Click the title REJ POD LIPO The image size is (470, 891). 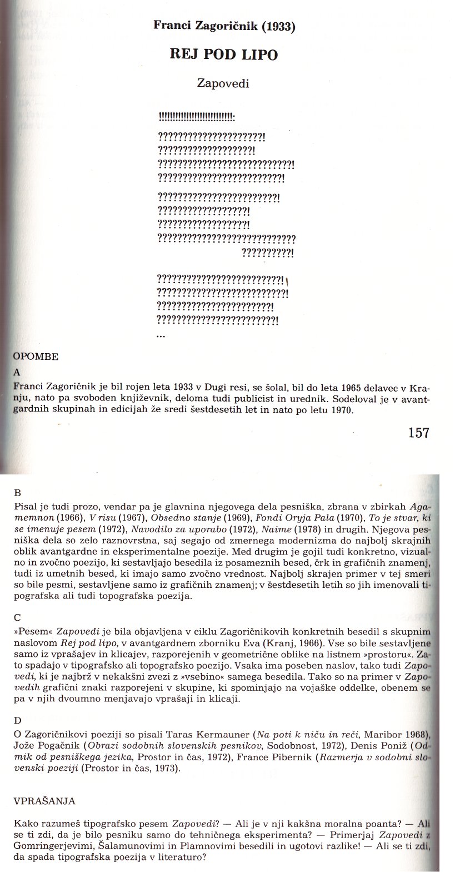[223, 55]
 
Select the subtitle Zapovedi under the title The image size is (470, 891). [223, 84]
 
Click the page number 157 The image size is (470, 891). [418, 432]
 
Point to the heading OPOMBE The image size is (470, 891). [35, 357]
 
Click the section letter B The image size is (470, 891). [17, 492]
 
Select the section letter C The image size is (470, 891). [17, 617]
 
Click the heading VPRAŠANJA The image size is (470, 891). [44, 801]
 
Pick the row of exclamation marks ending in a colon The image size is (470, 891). [197, 117]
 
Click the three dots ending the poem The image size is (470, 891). [161, 335]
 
